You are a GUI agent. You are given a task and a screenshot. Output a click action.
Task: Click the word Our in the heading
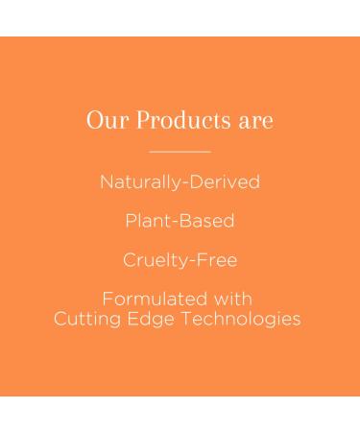103,121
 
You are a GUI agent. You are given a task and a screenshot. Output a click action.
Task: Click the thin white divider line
180,151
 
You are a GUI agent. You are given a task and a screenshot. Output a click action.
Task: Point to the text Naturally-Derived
180,181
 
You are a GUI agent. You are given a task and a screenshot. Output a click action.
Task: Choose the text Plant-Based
180,221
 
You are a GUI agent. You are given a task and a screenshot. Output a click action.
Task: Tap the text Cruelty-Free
180,260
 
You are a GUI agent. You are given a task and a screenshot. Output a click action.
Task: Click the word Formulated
154,300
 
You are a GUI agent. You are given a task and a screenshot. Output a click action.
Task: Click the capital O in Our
93,121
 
